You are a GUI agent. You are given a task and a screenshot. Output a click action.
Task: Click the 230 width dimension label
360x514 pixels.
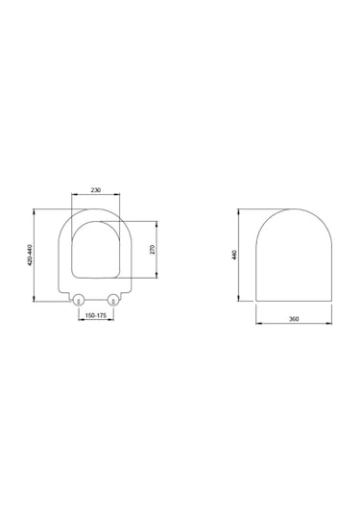[96, 191]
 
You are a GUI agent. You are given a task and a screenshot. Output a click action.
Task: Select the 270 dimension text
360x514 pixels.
[151, 250]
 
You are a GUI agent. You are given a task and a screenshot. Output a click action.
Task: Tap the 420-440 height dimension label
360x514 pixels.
[31, 257]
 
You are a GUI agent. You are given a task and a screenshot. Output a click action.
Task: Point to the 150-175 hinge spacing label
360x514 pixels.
[96, 315]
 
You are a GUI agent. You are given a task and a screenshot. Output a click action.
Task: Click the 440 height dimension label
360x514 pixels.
[233, 256]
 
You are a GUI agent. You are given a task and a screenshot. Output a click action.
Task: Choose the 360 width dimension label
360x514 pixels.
[295, 320]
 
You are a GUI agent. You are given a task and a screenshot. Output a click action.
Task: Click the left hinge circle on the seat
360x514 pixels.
[79, 300]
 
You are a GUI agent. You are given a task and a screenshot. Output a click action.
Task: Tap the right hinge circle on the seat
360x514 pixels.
[114, 300]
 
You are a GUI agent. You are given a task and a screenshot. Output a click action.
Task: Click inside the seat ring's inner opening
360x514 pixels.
[96, 252]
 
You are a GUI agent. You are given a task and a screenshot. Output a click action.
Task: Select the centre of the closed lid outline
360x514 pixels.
[295, 255]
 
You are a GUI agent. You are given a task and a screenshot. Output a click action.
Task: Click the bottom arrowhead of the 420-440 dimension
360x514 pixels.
[36, 304]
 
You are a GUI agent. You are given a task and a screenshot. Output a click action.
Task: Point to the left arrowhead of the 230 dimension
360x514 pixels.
[74, 197]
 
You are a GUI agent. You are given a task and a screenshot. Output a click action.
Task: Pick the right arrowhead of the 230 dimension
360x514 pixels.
[120, 197]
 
